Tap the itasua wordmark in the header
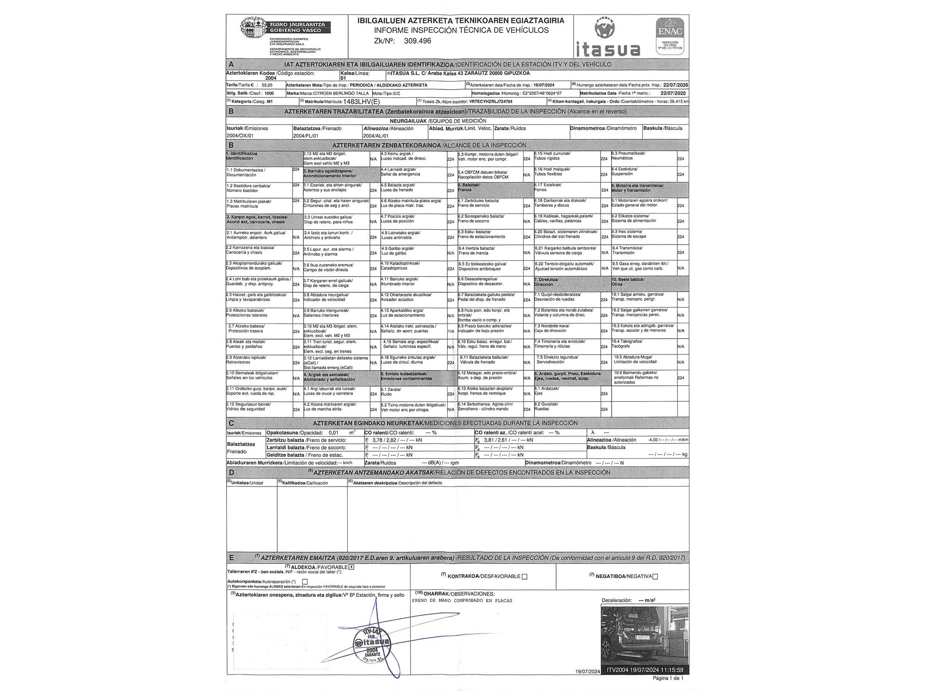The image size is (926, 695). click(x=608, y=49)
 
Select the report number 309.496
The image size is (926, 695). click(x=417, y=41)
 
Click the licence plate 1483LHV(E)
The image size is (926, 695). click(x=361, y=101)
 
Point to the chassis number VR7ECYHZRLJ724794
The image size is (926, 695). click(x=491, y=101)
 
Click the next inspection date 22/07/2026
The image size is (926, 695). click(x=676, y=85)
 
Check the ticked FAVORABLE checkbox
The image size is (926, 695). click(x=351, y=567)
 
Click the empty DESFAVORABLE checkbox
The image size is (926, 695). click(x=525, y=577)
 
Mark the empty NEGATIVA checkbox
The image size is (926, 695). click(x=655, y=577)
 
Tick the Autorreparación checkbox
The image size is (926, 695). click(x=305, y=581)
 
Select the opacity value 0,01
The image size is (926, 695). click(x=333, y=433)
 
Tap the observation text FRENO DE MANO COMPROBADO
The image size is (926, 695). click(x=462, y=601)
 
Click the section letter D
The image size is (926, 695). click(x=231, y=473)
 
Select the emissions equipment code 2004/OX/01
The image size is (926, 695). click(x=240, y=136)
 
